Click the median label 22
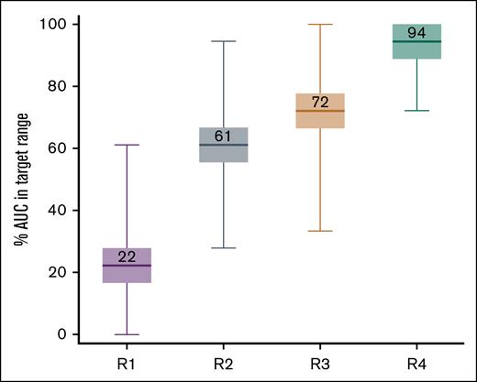(x=128, y=256)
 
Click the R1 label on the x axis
(x=128, y=364)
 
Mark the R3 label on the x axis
(x=319, y=364)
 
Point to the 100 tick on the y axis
(x=55, y=24)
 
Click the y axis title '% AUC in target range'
(x=18, y=180)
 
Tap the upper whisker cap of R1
(x=128, y=145)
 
